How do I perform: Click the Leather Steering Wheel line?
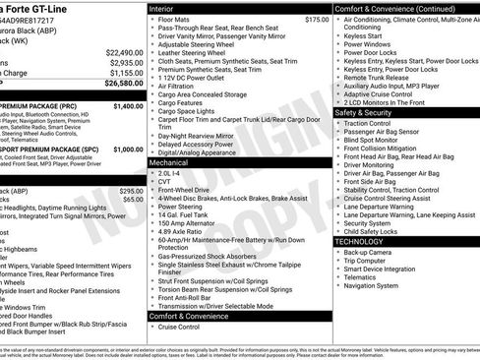click(195, 54)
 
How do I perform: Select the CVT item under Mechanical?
click(166, 181)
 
